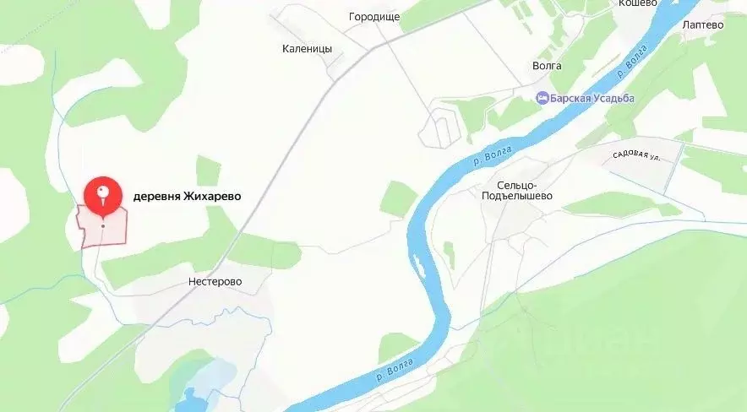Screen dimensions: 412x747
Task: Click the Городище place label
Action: coord(373,16)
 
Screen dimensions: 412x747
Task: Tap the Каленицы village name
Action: coord(307,49)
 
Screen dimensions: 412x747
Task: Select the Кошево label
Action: coord(638,4)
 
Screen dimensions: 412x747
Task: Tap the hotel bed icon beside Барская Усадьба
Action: coord(543,98)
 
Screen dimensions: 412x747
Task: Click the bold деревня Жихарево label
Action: coord(187,196)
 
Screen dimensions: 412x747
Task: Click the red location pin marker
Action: coord(102,192)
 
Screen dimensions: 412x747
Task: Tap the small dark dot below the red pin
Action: coord(103,225)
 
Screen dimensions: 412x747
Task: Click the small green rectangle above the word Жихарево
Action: coord(208,170)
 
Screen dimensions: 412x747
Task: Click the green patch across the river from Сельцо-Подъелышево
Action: coord(398,198)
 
